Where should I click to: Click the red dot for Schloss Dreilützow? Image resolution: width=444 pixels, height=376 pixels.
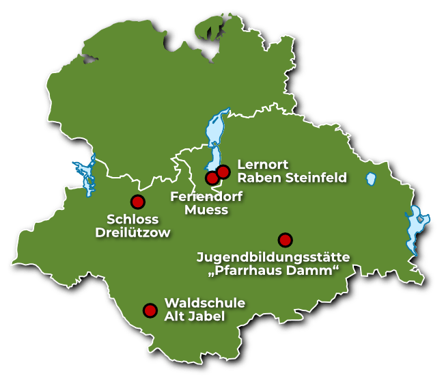click(x=137, y=202)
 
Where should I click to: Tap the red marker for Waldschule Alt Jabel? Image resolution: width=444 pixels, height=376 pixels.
click(x=150, y=310)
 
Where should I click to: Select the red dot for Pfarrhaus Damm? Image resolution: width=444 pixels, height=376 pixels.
click(x=285, y=240)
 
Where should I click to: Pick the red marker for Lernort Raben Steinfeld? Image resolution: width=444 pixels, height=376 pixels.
click(x=223, y=171)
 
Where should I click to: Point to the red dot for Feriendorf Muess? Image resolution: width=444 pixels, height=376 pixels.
click(x=212, y=178)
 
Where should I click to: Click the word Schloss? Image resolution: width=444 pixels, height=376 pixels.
click(x=133, y=219)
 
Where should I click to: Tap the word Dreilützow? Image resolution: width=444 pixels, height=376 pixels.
click(x=133, y=232)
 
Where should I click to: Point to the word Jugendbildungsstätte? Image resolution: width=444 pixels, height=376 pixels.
click(x=273, y=258)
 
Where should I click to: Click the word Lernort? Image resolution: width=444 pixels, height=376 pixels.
click(x=263, y=165)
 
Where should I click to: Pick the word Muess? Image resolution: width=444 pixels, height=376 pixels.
click(x=206, y=210)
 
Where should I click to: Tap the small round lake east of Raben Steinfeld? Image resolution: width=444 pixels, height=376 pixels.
click(x=371, y=179)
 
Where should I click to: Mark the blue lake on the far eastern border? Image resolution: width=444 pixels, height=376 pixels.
click(x=415, y=230)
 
